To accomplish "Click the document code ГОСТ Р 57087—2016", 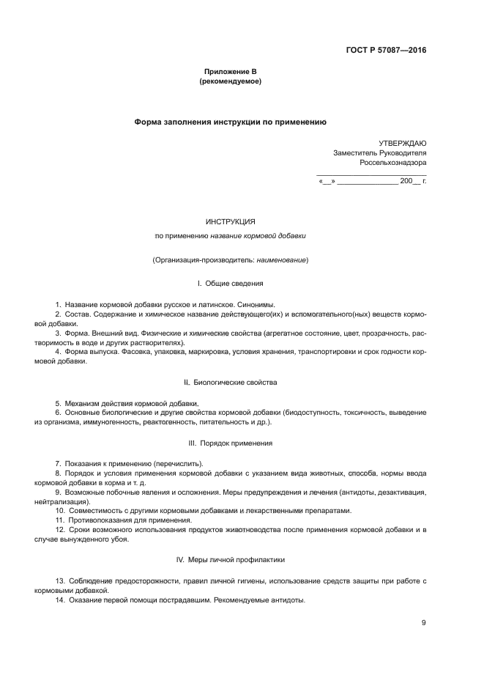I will point(386,51).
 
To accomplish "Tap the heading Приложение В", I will point(230,72).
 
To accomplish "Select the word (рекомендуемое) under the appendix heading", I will point(230,81).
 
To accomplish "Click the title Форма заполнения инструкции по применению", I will point(230,122).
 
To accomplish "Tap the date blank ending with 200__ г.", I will point(373,180).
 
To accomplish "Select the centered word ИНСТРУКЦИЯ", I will point(230,221).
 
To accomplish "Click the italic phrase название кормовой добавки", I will point(258,236).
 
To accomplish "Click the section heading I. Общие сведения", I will point(230,284).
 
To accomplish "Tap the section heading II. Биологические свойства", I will point(230,383).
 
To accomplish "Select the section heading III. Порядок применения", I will point(230,443).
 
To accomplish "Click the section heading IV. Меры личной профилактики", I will point(230,560).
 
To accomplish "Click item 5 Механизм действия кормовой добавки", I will point(126,403).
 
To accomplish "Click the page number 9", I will point(423,623).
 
